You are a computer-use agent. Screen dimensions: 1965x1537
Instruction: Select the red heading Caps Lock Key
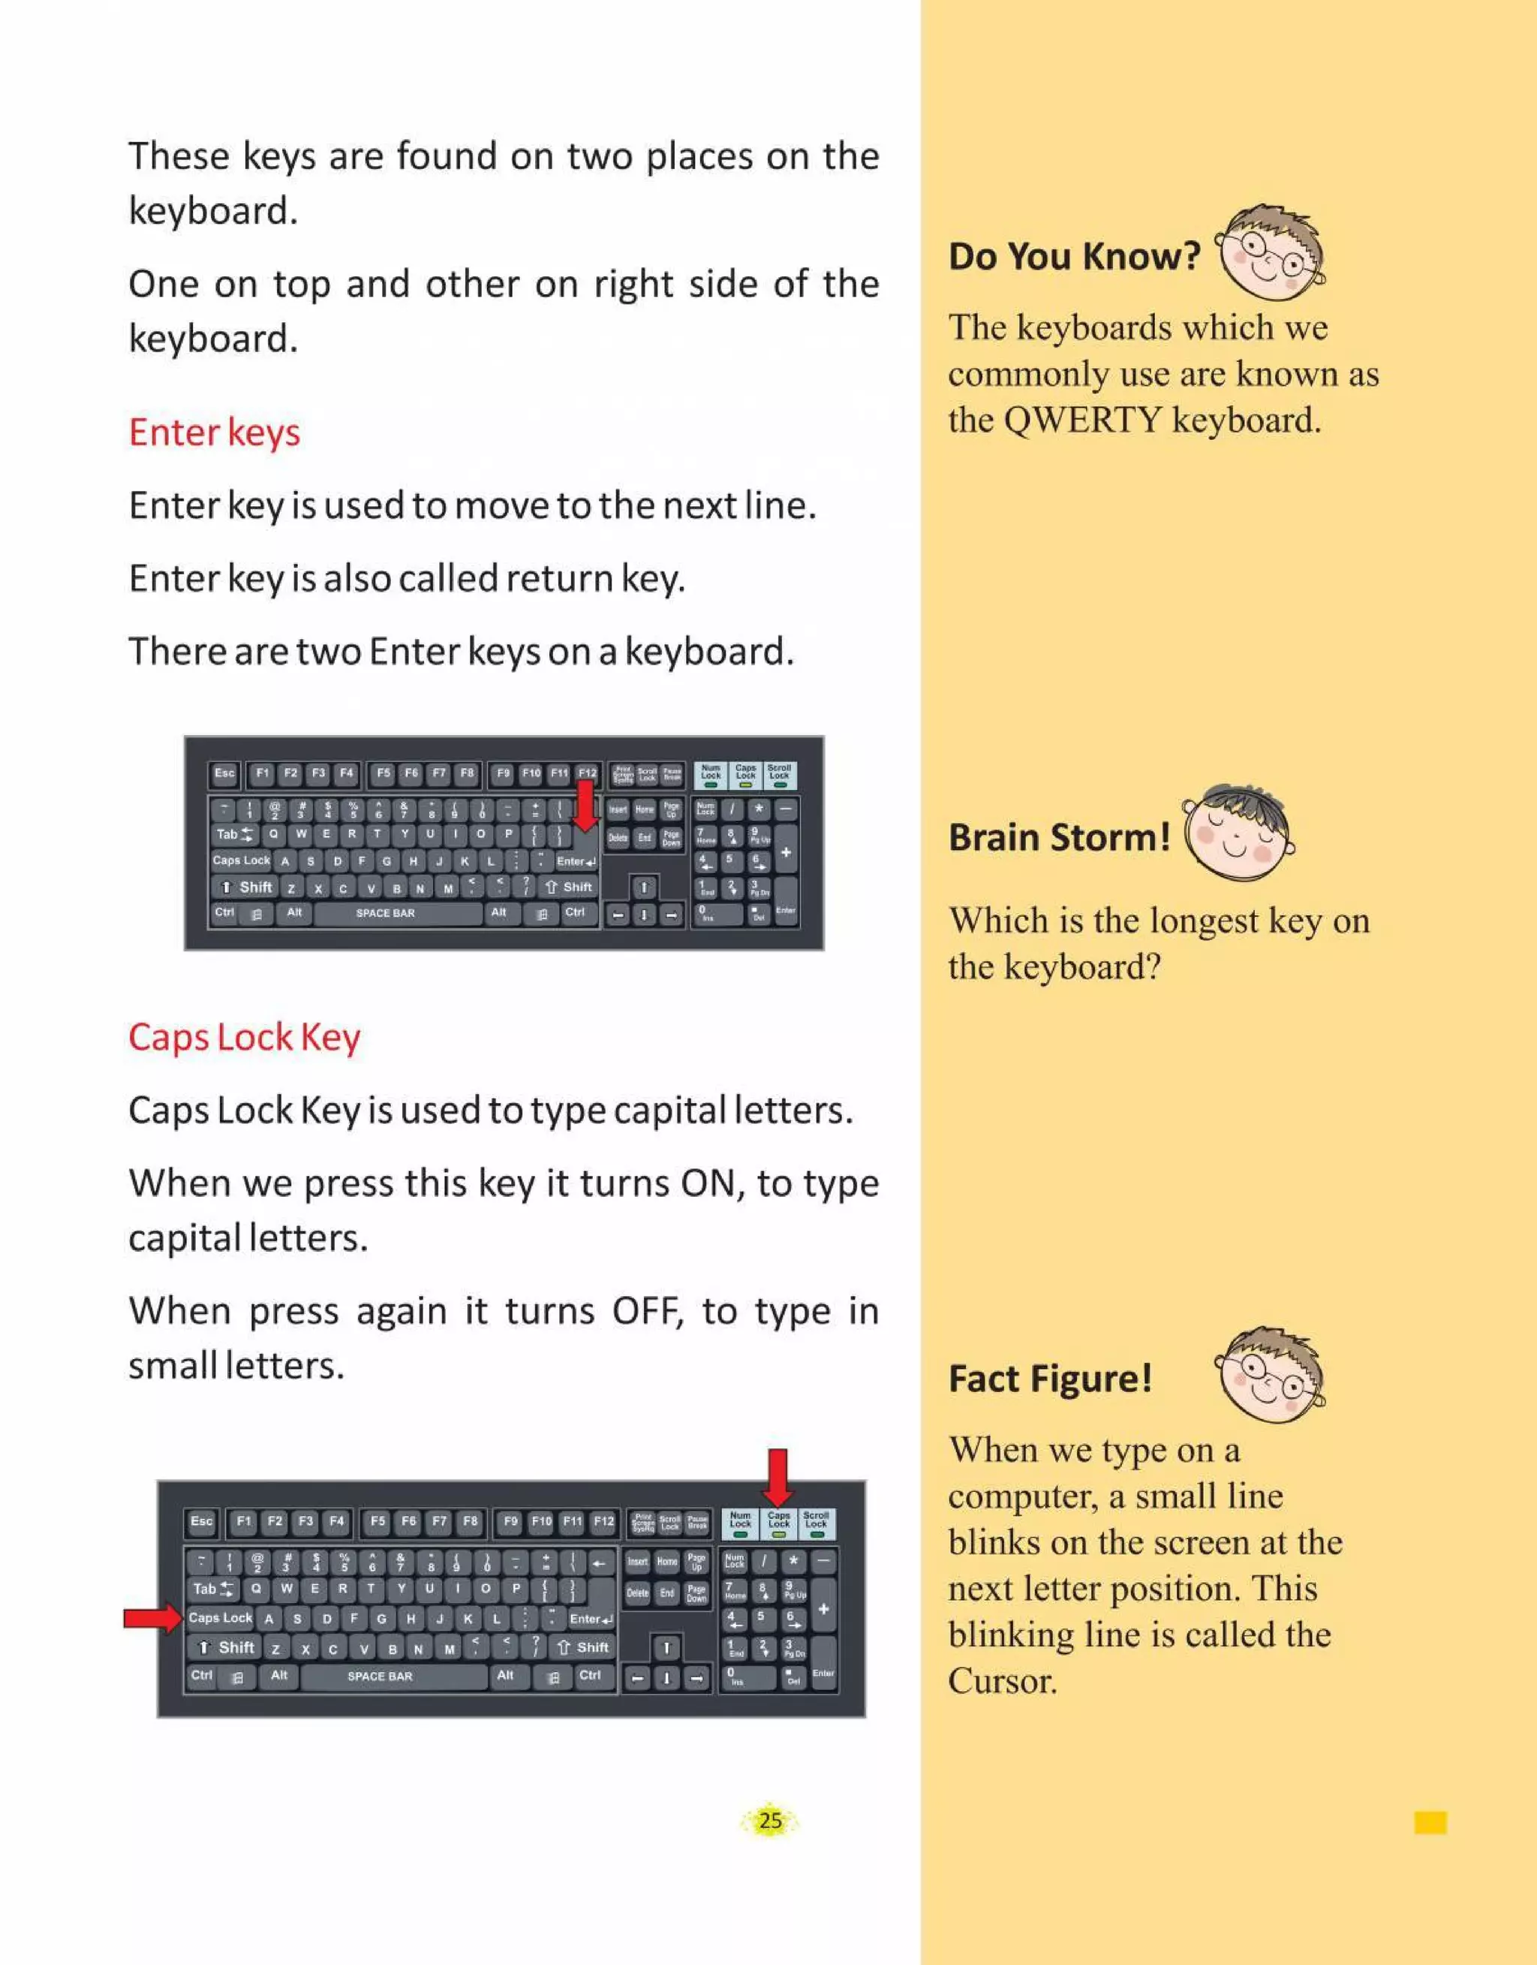[244, 1038]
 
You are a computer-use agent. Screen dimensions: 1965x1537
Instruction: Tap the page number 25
[770, 1821]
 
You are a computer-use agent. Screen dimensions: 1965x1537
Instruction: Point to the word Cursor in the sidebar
[1003, 1680]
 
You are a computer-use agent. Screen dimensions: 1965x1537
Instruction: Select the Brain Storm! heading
[1059, 837]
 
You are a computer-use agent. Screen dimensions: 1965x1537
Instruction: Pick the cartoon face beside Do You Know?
[1270, 253]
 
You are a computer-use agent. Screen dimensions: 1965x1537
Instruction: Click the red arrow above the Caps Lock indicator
[778, 1476]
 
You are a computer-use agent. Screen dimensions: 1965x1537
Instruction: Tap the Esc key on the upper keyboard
[224, 773]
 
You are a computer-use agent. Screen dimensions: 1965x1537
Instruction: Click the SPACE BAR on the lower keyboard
[380, 1677]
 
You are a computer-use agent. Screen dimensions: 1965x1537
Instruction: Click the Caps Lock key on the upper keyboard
[240, 860]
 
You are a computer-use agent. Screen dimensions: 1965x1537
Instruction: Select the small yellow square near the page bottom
[1430, 1823]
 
